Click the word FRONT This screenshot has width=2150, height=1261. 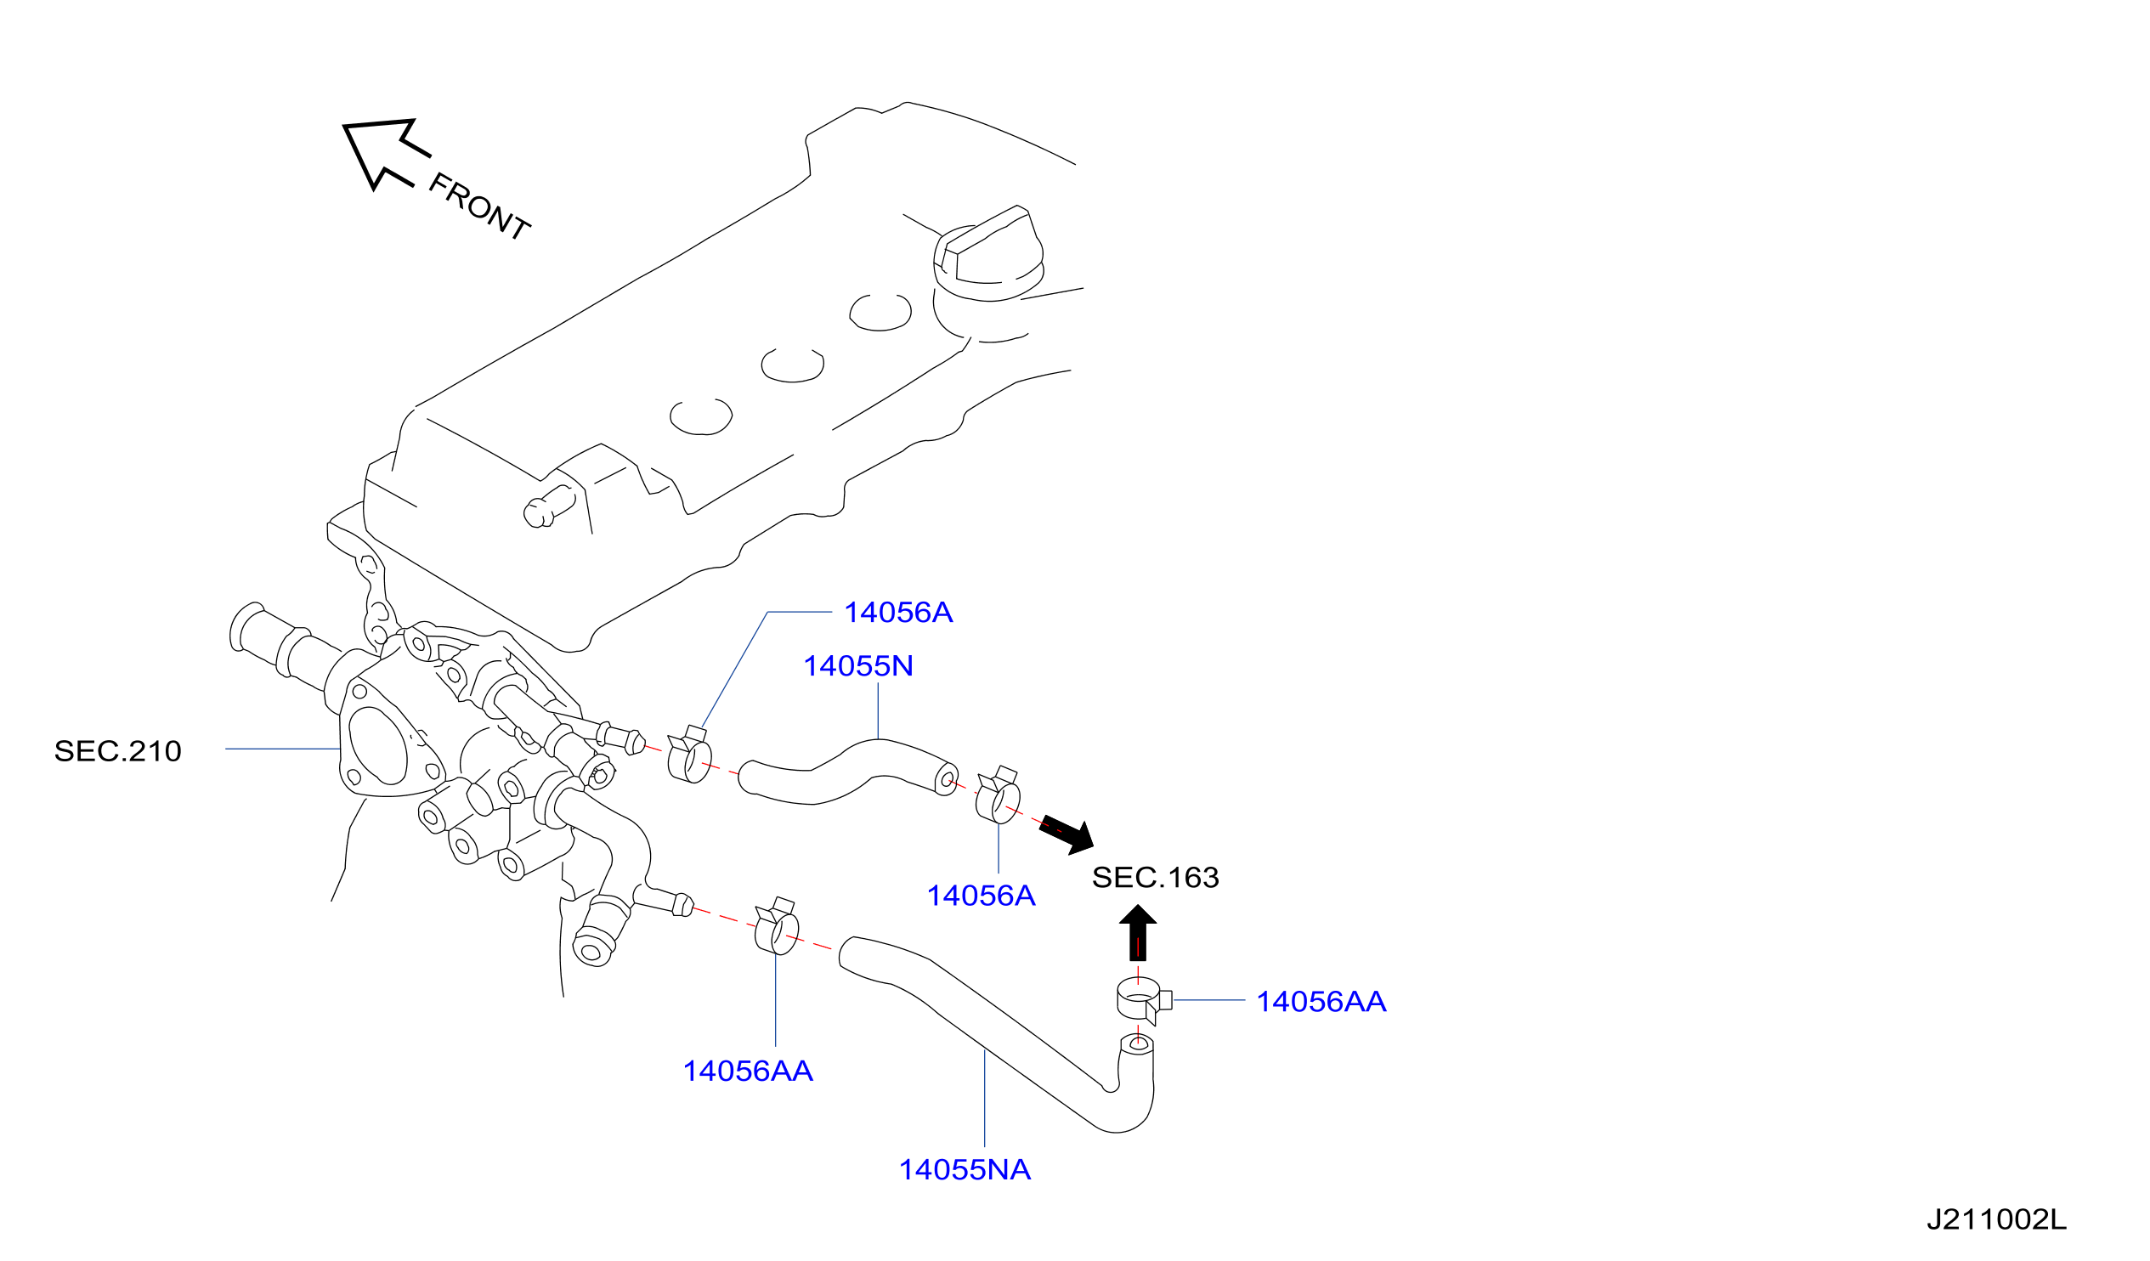[479, 206]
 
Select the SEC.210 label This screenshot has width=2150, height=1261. [118, 752]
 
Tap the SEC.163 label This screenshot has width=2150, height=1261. [1156, 878]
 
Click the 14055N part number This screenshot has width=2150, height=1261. [858, 666]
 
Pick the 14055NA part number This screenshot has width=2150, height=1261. [965, 1171]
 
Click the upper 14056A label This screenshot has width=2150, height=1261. [898, 613]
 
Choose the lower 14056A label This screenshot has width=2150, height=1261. [982, 896]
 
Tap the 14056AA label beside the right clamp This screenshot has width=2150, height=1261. [1321, 1002]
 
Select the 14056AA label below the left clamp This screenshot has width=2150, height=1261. [748, 1072]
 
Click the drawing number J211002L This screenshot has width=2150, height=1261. [1997, 1220]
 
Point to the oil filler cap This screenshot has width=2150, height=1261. [989, 254]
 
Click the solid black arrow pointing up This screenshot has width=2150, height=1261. [1137, 933]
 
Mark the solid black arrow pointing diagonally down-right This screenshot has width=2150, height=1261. [1067, 835]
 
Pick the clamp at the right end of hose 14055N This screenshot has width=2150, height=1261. [998, 796]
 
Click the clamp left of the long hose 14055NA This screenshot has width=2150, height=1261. [777, 927]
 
